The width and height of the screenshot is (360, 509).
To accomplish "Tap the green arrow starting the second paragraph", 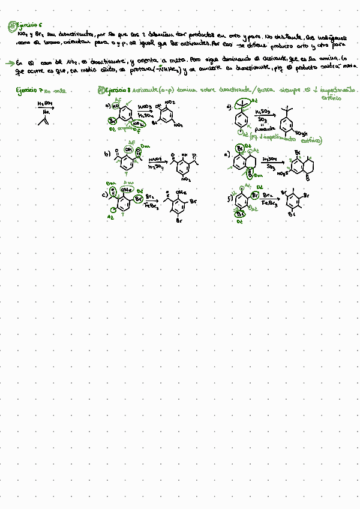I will [8, 62].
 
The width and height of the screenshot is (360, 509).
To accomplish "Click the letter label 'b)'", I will [107, 154].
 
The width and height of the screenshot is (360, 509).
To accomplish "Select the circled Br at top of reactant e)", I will [239, 148].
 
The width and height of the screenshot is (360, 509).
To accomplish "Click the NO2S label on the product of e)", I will [284, 173].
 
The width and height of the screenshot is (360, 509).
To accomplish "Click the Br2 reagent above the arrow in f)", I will [268, 196].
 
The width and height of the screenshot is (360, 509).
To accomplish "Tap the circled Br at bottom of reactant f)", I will [241, 213].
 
